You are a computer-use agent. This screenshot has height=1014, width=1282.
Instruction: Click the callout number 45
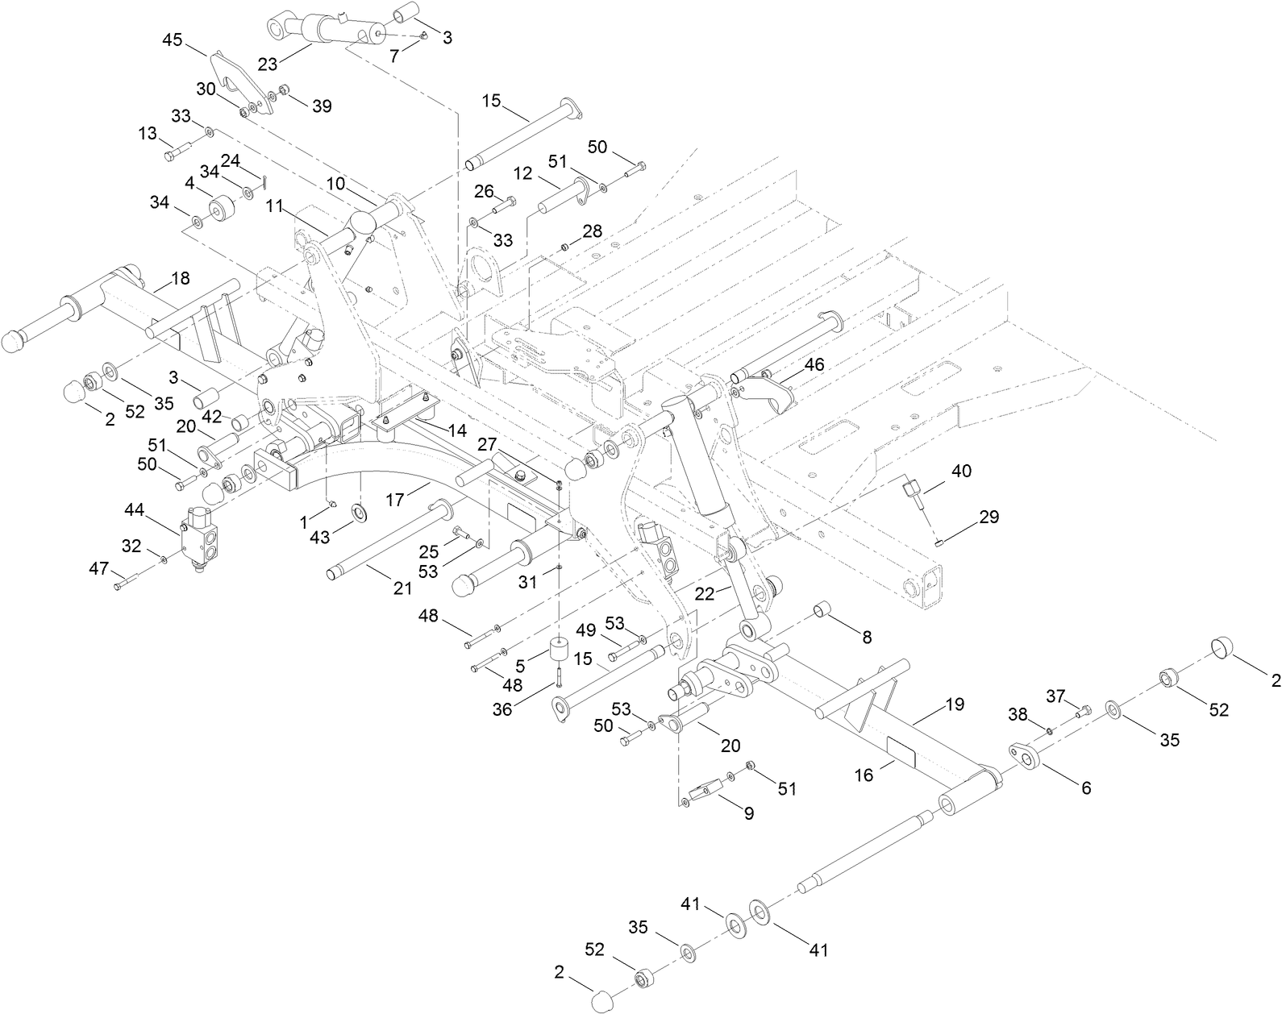(173, 39)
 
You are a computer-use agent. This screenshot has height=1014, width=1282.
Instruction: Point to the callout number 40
(962, 471)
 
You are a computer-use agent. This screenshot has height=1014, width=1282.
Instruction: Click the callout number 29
(989, 517)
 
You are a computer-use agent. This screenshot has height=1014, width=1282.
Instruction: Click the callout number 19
(955, 704)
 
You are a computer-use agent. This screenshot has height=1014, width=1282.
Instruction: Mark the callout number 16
(864, 775)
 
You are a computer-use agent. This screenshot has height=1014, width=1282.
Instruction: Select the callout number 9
(748, 814)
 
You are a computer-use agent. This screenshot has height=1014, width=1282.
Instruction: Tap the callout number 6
(1086, 788)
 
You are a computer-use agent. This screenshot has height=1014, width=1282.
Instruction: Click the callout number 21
(402, 588)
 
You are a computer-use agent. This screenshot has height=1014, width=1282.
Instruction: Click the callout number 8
(867, 637)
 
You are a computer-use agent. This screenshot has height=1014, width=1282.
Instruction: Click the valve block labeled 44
(200, 536)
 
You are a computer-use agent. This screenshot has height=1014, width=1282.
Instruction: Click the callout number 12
(523, 173)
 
